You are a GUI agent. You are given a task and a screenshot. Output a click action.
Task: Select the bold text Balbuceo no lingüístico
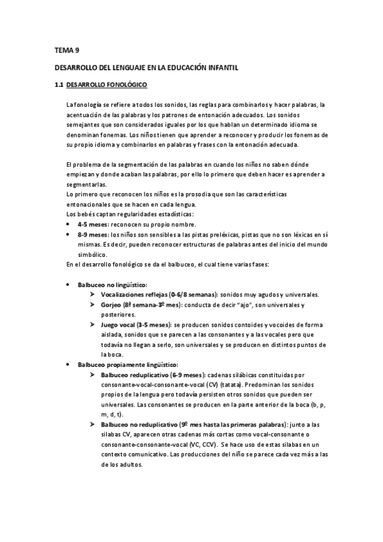click(112, 284)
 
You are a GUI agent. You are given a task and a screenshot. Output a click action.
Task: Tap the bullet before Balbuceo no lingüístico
click(69, 284)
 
